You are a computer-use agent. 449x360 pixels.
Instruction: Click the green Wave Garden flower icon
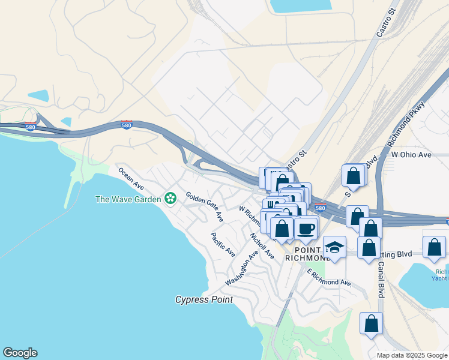click(x=171, y=198)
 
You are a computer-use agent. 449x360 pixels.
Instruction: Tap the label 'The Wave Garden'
click(x=128, y=199)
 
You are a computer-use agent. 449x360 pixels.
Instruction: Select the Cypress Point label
click(x=203, y=299)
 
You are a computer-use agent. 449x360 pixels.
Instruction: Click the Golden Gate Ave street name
click(x=205, y=206)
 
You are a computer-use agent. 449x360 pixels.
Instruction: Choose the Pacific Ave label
click(x=223, y=245)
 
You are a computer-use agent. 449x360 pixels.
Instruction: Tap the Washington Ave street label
click(x=242, y=268)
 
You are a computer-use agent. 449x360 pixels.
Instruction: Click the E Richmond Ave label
click(x=329, y=278)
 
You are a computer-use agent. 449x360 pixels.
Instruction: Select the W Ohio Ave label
click(x=411, y=155)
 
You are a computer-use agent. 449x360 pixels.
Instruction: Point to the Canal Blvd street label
click(x=381, y=283)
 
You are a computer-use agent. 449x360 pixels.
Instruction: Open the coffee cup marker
click(x=306, y=228)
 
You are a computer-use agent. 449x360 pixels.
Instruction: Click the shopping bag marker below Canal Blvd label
click(x=372, y=323)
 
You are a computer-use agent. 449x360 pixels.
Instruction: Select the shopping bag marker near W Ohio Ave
click(x=354, y=176)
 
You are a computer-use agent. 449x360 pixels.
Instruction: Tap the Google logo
click(x=20, y=353)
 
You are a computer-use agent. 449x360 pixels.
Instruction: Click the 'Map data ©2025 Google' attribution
click(x=412, y=355)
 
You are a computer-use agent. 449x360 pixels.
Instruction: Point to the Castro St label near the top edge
click(x=387, y=23)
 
